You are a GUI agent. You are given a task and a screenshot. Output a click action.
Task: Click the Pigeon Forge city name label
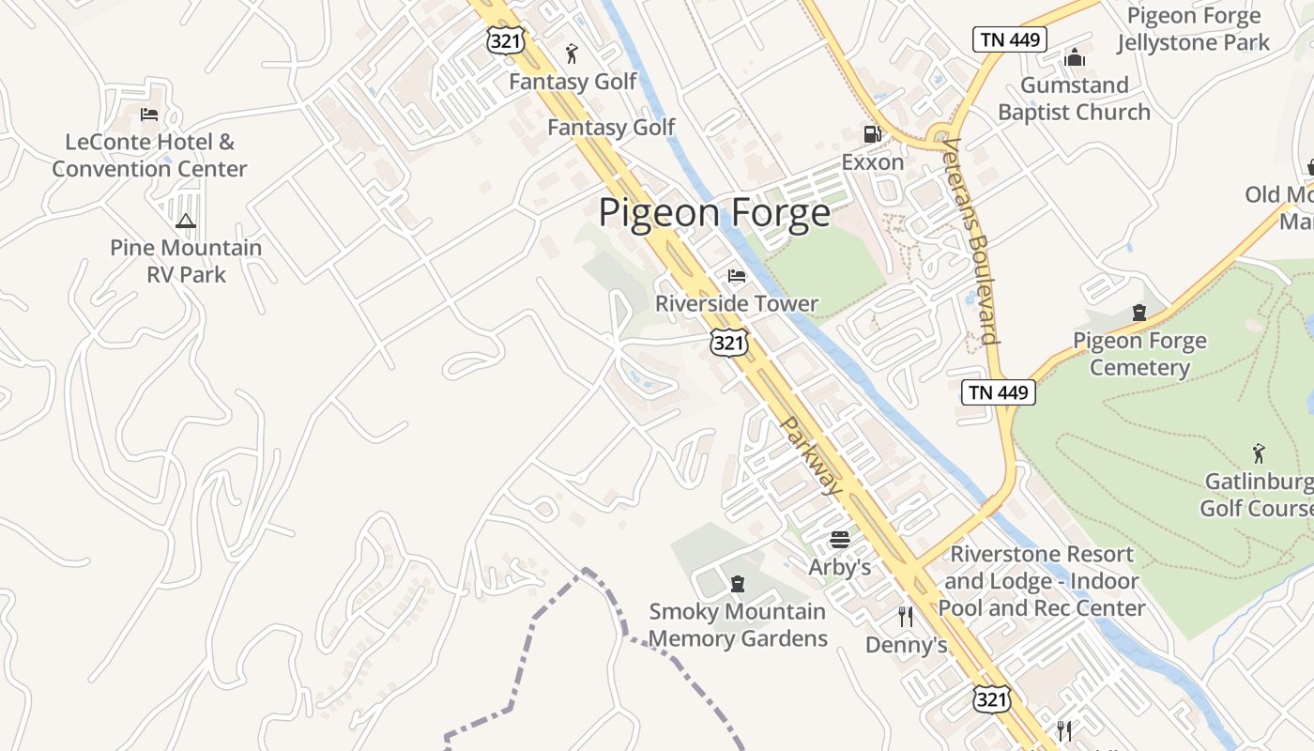pyautogui.click(x=714, y=214)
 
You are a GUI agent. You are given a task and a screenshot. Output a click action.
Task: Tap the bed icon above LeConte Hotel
pyautogui.click(x=148, y=115)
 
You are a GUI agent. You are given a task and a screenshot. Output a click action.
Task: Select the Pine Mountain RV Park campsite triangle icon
pyautogui.click(x=185, y=222)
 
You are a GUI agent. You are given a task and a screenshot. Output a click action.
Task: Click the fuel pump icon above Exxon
pyautogui.click(x=872, y=134)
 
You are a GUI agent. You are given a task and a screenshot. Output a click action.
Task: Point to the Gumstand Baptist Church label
pyautogui.click(x=1074, y=99)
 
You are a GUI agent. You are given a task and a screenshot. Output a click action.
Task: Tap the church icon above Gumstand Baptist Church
pyautogui.click(x=1075, y=58)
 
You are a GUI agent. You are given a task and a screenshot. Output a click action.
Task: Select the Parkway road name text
pyautogui.click(x=812, y=455)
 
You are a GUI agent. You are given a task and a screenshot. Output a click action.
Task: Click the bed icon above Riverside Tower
pyautogui.click(x=737, y=276)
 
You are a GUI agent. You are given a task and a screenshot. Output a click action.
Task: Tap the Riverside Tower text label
pyautogui.click(x=737, y=304)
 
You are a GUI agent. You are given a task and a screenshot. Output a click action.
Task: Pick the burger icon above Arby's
pyautogui.click(x=840, y=540)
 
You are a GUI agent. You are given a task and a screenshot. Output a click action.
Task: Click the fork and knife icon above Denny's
pyautogui.click(x=906, y=616)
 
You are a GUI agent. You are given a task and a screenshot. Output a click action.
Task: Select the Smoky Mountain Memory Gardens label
pyautogui.click(x=738, y=625)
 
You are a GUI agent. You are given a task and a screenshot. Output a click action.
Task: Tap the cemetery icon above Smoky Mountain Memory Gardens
pyautogui.click(x=738, y=584)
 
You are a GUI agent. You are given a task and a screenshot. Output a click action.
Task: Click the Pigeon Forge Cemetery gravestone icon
pyautogui.click(x=1139, y=313)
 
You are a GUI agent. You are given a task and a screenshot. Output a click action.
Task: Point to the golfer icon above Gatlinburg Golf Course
pyautogui.click(x=1259, y=454)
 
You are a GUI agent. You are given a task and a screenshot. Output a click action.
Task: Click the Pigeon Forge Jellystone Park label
pyautogui.click(x=1194, y=29)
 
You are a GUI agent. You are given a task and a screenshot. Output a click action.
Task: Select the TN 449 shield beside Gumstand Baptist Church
pyautogui.click(x=1009, y=39)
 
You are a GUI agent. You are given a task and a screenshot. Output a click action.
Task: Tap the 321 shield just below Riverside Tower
pyautogui.click(x=729, y=343)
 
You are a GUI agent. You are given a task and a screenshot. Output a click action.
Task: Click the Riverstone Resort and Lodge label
pyautogui.click(x=1042, y=581)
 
